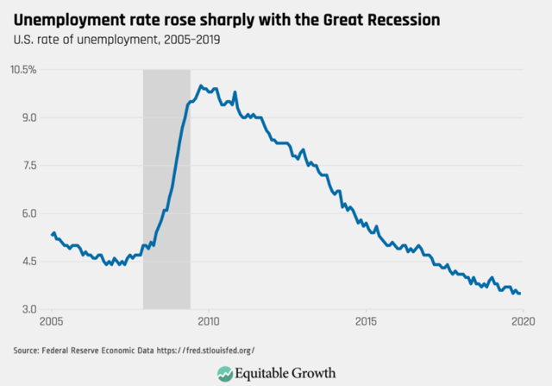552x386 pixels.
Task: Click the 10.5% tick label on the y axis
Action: point(22,69)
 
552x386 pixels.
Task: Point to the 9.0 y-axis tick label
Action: point(28,117)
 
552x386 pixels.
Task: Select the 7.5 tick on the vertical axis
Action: point(28,165)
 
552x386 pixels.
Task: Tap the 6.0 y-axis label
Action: point(28,213)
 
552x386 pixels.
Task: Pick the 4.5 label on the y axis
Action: point(28,262)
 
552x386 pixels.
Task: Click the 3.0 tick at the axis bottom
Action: point(28,309)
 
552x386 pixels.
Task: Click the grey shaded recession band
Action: point(166,190)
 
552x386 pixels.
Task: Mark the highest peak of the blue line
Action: point(201,85)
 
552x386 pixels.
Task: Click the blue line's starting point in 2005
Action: point(52,234)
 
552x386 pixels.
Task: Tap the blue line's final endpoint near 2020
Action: point(519,294)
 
